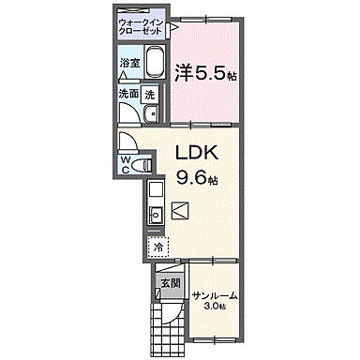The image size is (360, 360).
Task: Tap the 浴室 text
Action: click(130, 65)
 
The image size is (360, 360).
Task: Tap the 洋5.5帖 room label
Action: click(205, 70)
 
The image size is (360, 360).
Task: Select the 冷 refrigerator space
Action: click(157, 247)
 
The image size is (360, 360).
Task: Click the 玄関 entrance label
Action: click(169, 282)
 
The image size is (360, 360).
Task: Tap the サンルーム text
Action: click(215, 296)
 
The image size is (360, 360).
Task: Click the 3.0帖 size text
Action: click(216, 308)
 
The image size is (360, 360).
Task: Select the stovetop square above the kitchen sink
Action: click(156, 190)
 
